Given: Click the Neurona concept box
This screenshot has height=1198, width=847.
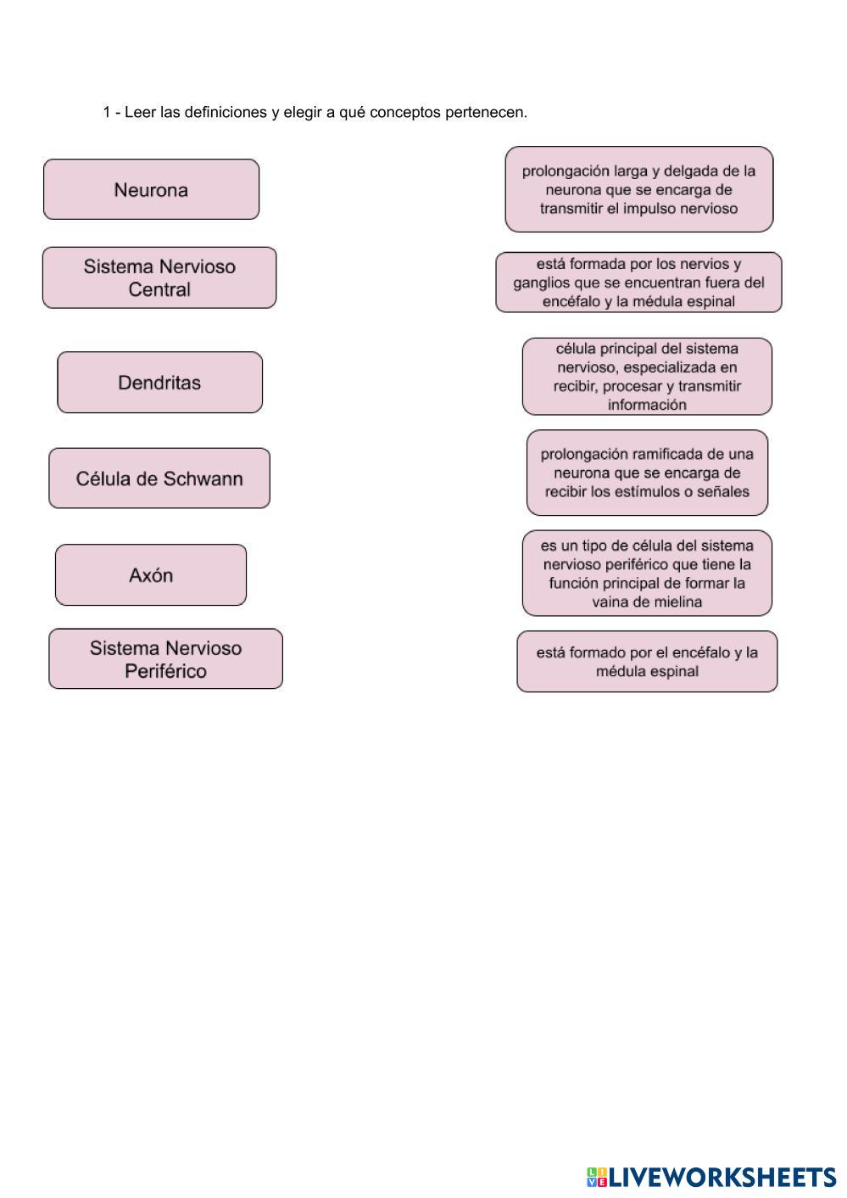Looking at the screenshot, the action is tap(151, 189).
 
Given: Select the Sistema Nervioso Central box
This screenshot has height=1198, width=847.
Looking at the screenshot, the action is tap(159, 277).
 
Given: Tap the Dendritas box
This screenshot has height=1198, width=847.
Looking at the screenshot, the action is tap(159, 383).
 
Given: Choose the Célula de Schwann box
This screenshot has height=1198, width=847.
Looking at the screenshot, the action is tap(159, 479).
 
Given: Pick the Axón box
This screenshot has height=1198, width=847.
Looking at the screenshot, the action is tap(151, 575).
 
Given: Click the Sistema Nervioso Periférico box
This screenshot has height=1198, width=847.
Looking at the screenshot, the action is tap(165, 659).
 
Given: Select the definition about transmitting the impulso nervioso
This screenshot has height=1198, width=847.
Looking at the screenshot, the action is tap(638, 189).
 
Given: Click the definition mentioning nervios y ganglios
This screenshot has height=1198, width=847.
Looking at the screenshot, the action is tap(638, 283).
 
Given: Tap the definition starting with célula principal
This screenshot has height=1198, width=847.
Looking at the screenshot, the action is tap(647, 377).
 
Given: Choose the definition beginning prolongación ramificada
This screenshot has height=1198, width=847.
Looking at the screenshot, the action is tap(647, 473).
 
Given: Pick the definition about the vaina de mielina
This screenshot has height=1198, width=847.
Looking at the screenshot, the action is tap(647, 574).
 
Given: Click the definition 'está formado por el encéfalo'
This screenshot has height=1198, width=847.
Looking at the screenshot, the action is tap(647, 662).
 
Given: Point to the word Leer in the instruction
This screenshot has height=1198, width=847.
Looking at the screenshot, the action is tap(140, 112).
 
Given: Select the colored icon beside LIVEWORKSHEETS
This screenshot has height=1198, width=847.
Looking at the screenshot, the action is tap(597, 1178).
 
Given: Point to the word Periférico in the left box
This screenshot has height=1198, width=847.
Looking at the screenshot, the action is tap(165, 671).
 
